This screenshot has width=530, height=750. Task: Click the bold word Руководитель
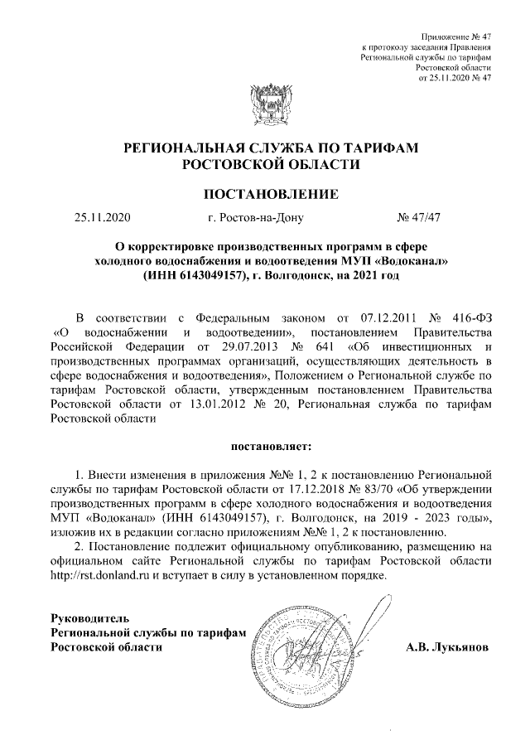87,618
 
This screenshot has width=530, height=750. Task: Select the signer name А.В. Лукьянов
447,646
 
